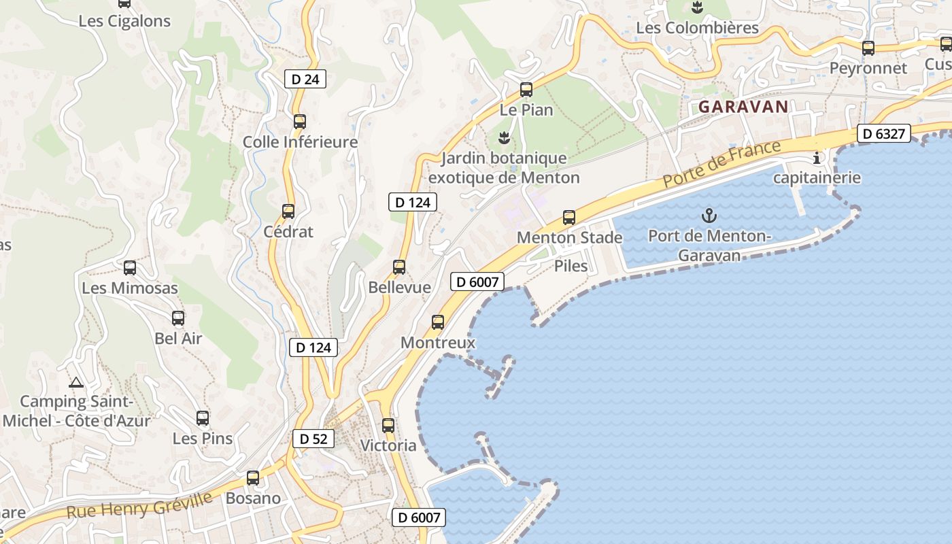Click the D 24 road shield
[x=305, y=79]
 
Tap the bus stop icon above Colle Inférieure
[x=300, y=122]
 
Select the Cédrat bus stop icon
[x=288, y=211]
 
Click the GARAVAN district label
[x=743, y=107]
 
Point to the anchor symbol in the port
[x=709, y=216]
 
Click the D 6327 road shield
[x=883, y=134]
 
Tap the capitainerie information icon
[x=817, y=158]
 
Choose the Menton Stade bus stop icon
[x=569, y=218]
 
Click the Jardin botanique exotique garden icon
[x=504, y=139]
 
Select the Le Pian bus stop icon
[x=526, y=89]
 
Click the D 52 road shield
[x=313, y=439]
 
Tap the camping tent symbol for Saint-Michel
[x=75, y=382]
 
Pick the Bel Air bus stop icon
[x=178, y=318]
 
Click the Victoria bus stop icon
[x=388, y=426]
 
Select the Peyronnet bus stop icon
[x=868, y=48]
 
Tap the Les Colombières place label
[x=697, y=28]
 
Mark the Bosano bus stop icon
[x=253, y=478]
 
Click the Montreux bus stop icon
[x=438, y=322]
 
